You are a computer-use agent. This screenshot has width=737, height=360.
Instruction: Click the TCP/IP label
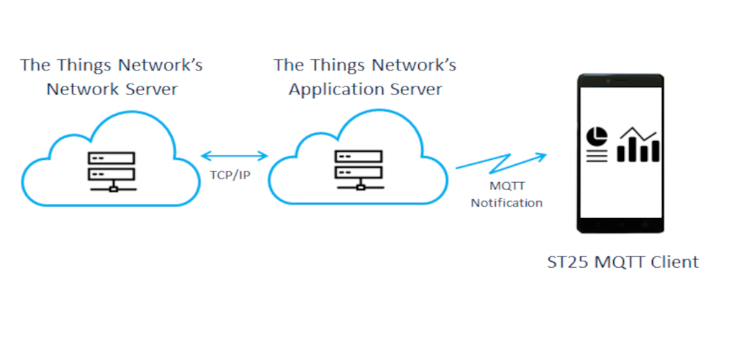pos(230,175)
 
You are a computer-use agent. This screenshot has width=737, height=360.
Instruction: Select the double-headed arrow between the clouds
pos(234,155)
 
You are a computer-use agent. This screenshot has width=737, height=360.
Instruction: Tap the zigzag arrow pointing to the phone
pos(501,162)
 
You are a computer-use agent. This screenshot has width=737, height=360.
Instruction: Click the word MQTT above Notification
pos(507,186)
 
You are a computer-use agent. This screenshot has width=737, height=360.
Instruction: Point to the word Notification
pos(507,203)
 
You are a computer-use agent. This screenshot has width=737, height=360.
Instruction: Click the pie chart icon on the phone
pos(597,136)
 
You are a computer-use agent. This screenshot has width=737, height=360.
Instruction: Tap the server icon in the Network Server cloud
pos(112,171)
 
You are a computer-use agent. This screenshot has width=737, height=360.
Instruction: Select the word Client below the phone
pos(674,262)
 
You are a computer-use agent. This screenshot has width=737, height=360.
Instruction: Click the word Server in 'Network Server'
pos(150,89)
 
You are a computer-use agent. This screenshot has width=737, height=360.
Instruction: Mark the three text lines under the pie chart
pos(597,156)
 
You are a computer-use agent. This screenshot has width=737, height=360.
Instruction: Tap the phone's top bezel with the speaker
pos(620,81)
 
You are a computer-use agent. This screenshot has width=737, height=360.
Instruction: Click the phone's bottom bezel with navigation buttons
pos(620,225)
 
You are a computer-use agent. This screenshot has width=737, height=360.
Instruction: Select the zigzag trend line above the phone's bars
pos(638,133)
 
